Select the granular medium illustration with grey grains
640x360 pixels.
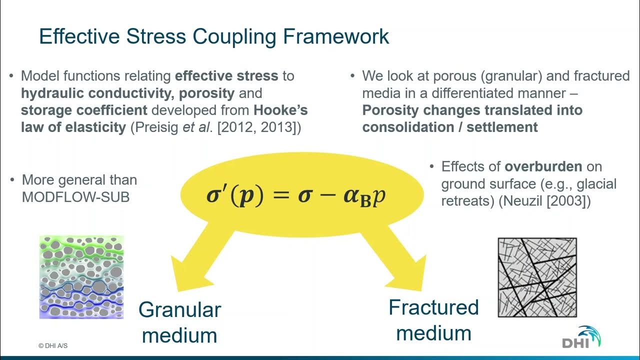click(81, 277)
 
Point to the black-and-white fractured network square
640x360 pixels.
click(537, 277)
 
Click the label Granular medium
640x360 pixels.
click(179, 322)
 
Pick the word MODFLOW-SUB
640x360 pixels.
click(75, 197)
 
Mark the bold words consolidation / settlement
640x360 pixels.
click(450, 127)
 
